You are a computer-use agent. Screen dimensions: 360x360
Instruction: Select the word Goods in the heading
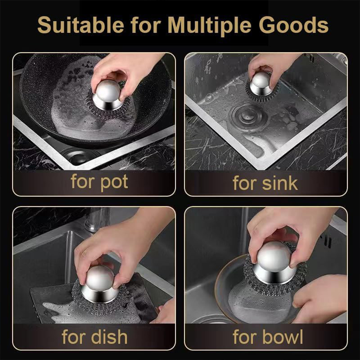tap(299, 26)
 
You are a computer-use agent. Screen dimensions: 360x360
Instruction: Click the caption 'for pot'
tap(99, 182)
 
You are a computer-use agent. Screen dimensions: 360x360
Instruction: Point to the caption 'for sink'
tap(265, 183)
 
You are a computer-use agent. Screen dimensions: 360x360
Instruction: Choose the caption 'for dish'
tap(94, 337)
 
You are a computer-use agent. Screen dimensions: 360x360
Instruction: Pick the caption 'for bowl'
tap(267, 337)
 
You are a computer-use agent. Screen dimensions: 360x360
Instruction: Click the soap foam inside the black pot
tap(68, 108)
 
